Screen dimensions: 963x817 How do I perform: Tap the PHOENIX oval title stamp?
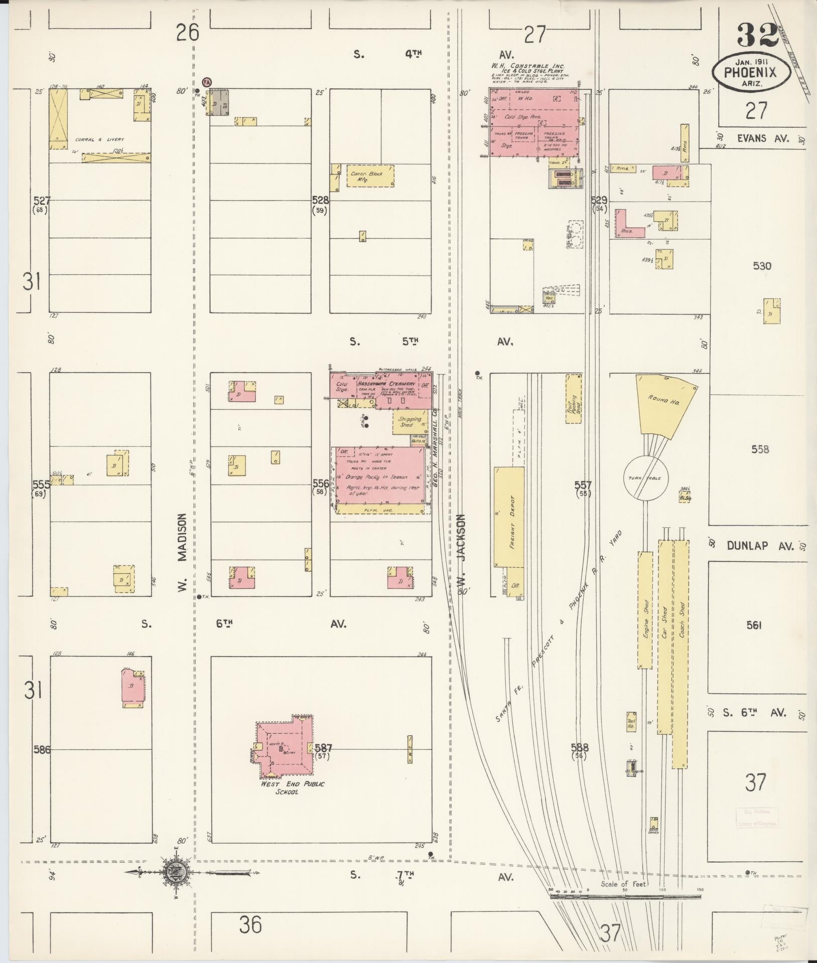click(751, 72)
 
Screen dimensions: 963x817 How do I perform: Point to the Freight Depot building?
click(509, 517)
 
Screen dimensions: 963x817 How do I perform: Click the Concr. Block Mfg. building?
click(370, 177)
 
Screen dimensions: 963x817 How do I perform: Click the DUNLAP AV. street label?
click(760, 545)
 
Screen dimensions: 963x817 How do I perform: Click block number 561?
click(754, 625)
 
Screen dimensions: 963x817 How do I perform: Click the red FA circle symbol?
click(206, 81)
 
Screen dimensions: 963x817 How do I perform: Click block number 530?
click(761, 266)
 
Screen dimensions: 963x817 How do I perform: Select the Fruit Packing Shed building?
click(574, 398)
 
